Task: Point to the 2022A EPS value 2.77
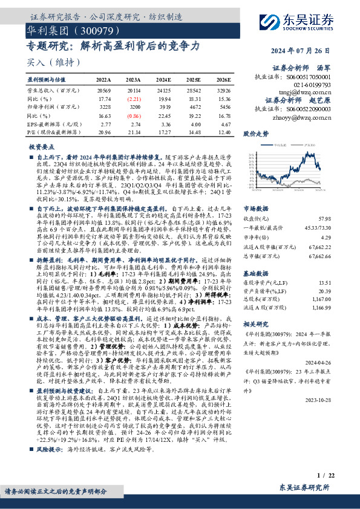[105, 123]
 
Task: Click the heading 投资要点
[43, 147]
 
